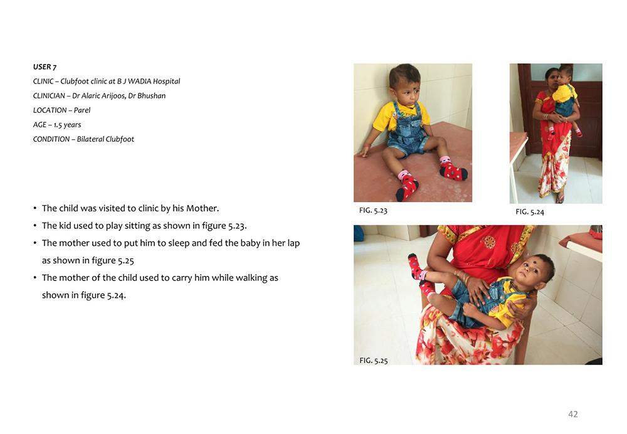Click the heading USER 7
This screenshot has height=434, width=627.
(45, 67)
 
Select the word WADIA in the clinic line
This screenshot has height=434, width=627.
(139, 81)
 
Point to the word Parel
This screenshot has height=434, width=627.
(82, 110)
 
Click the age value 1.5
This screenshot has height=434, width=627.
(58, 124)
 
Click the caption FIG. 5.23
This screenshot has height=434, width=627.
(373, 210)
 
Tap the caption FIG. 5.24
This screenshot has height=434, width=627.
(530, 212)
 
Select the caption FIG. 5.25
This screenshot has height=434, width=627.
(374, 361)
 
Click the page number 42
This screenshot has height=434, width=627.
(573, 414)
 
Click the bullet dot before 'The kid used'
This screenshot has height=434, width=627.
(35, 226)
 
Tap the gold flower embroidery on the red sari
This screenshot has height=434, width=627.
(488, 241)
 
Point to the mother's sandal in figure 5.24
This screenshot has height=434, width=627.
(560, 198)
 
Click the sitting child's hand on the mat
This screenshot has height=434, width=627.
(365, 152)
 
